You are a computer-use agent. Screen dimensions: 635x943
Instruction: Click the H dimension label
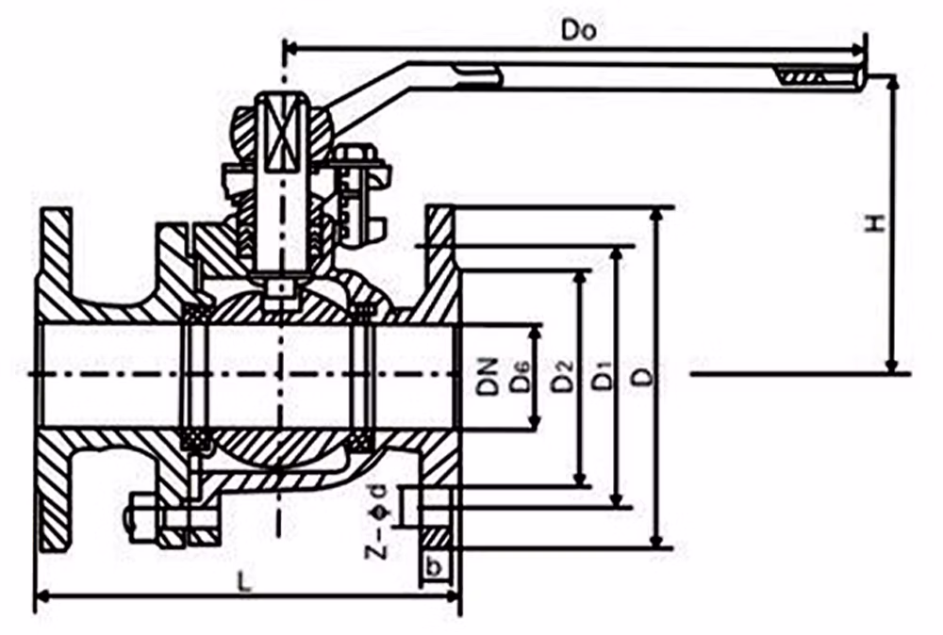click(x=876, y=223)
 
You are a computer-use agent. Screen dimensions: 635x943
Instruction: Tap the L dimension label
click(x=245, y=582)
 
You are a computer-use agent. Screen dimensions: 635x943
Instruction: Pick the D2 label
click(x=562, y=379)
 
